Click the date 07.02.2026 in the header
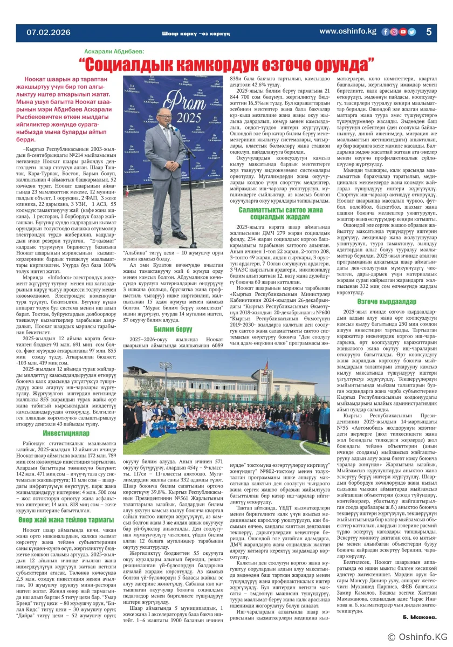tap(49, 32)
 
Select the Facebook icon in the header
tap(385, 32)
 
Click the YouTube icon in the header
tap(402, 32)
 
